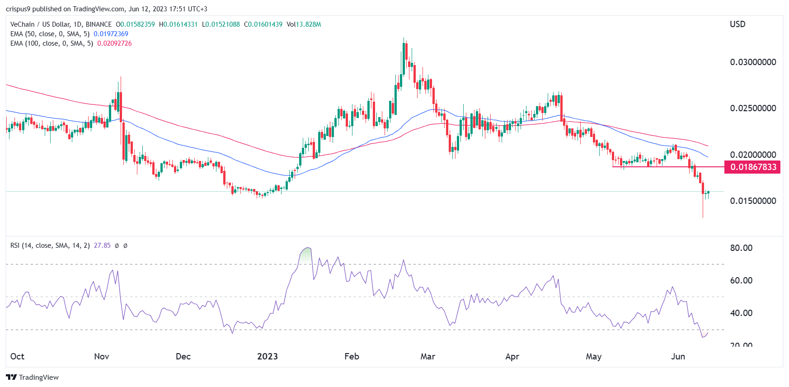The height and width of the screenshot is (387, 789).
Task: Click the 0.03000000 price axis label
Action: [753, 62]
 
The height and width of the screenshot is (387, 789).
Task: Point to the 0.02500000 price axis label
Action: [753, 108]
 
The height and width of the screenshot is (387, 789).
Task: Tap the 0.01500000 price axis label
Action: [753, 201]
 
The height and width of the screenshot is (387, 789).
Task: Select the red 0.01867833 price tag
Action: [753, 167]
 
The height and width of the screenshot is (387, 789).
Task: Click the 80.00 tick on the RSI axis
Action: [741, 248]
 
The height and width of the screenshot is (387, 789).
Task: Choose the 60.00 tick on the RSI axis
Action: [741, 280]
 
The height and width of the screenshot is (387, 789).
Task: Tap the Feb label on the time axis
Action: [352, 356]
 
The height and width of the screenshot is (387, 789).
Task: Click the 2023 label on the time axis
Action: [267, 356]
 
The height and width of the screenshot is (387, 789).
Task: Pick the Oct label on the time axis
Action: [17, 356]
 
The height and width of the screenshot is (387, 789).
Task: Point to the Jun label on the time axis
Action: [678, 356]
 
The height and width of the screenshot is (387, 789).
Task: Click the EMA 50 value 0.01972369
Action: [111, 34]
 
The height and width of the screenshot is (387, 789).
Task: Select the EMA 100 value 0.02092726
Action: [114, 43]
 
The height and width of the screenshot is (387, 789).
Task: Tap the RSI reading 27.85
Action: [102, 245]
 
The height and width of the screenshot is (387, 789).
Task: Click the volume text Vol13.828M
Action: [304, 24]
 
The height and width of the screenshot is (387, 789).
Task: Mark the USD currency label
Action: [737, 24]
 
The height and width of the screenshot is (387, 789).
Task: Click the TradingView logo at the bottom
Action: [33, 377]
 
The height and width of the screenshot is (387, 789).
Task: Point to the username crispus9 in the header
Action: [18, 9]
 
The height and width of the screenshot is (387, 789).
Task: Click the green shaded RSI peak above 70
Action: [306, 255]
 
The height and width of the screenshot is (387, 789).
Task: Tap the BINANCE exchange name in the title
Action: [99, 24]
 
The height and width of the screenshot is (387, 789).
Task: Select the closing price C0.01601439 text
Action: [263, 24]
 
